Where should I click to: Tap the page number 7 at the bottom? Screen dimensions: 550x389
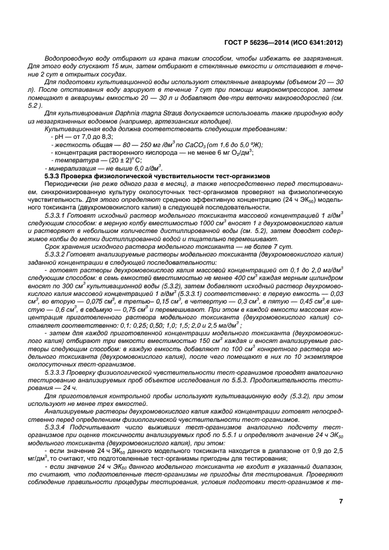click(341, 501)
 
